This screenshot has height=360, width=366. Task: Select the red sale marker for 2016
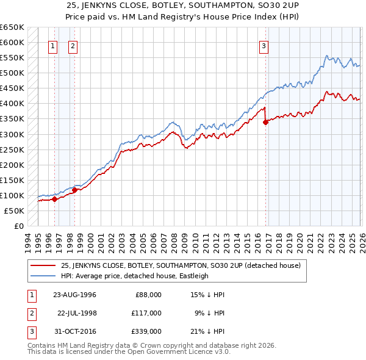(x=266, y=122)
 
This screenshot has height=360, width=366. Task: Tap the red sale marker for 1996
(x=55, y=199)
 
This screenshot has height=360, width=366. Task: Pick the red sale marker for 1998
(x=74, y=190)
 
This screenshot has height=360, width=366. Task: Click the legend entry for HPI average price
(x=134, y=276)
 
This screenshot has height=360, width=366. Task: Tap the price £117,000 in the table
(x=146, y=313)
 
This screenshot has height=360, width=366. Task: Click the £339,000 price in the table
(x=146, y=331)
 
